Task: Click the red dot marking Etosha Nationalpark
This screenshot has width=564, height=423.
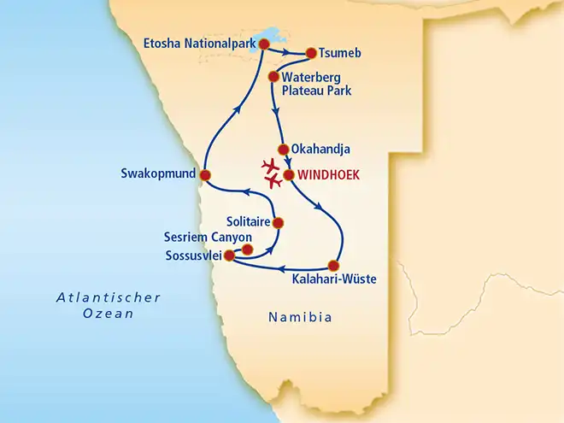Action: (264, 44)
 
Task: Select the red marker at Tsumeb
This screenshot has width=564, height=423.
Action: (310, 53)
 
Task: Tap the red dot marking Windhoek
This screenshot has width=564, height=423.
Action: (289, 175)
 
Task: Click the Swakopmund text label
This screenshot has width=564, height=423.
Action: (158, 174)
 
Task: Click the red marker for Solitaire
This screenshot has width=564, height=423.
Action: (278, 223)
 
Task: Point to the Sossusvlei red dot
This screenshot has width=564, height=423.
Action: (228, 254)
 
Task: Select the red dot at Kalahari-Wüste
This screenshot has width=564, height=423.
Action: (333, 264)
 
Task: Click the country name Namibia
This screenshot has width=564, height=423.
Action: (298, 317)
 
